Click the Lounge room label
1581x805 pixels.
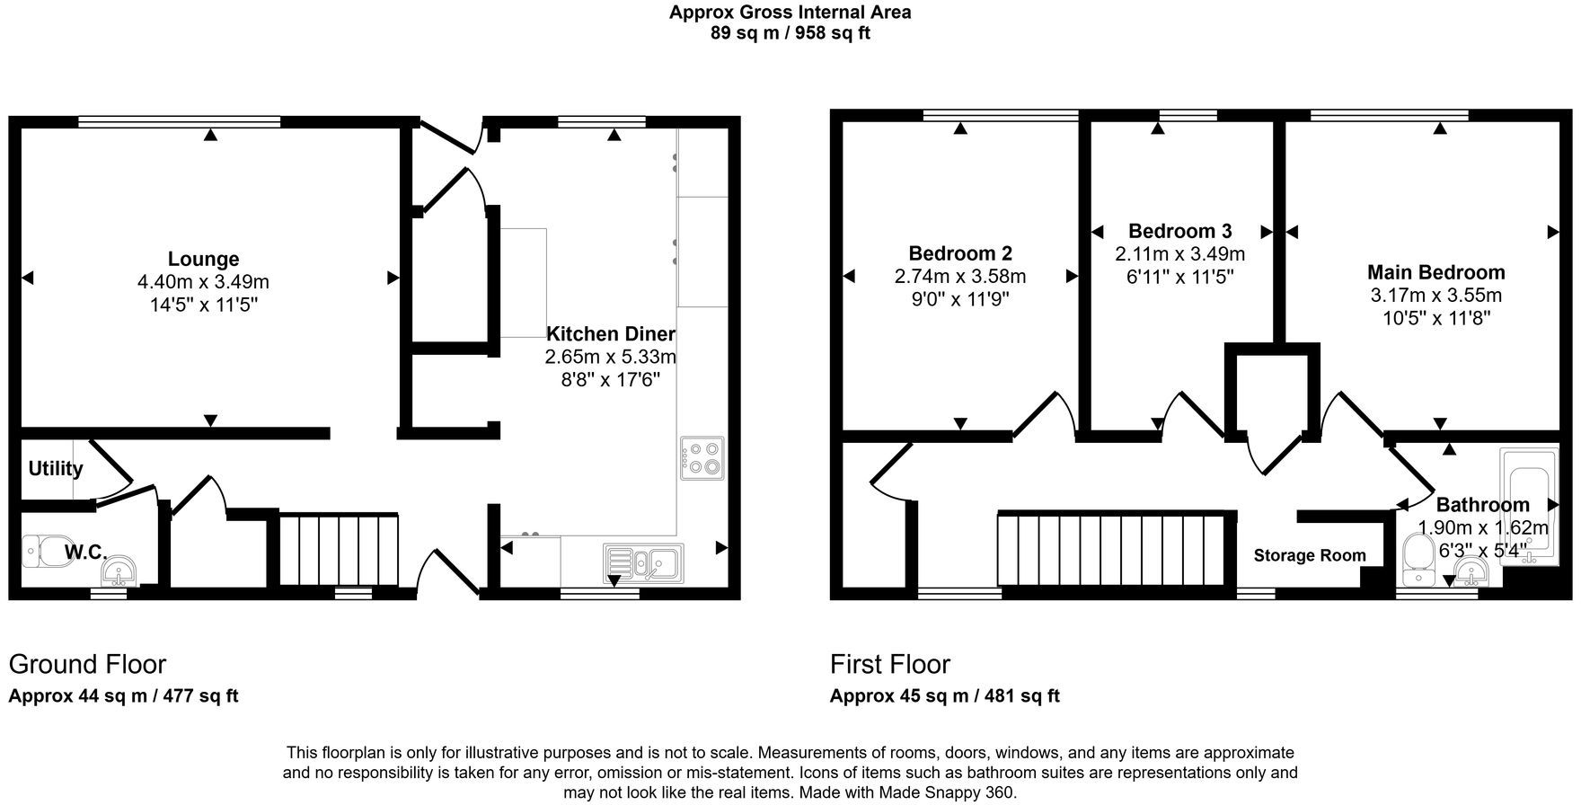tap(203, 260)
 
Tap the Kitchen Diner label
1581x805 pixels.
tap(611, 334)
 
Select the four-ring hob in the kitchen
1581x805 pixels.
tap(702, 458)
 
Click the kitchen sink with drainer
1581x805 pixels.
tap(643, 562)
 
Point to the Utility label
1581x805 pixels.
tap(55, 469)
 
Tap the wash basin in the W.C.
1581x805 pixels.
tap(119, 570)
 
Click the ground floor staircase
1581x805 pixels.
tap(339, 549)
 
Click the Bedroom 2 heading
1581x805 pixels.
tap(959, 253)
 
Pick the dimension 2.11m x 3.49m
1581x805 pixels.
tap(1179, 254)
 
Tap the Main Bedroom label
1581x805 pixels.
tap(1435, 272)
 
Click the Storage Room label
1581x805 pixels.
tap(1309, 556)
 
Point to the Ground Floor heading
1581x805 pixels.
tap(87, 665)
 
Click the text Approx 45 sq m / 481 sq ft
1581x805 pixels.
tap(944, 696)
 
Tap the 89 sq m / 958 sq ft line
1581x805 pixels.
tap(790, 33)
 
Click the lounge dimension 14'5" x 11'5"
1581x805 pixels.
tap(203, 305)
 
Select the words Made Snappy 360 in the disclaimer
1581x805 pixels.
tap(952, 792)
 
